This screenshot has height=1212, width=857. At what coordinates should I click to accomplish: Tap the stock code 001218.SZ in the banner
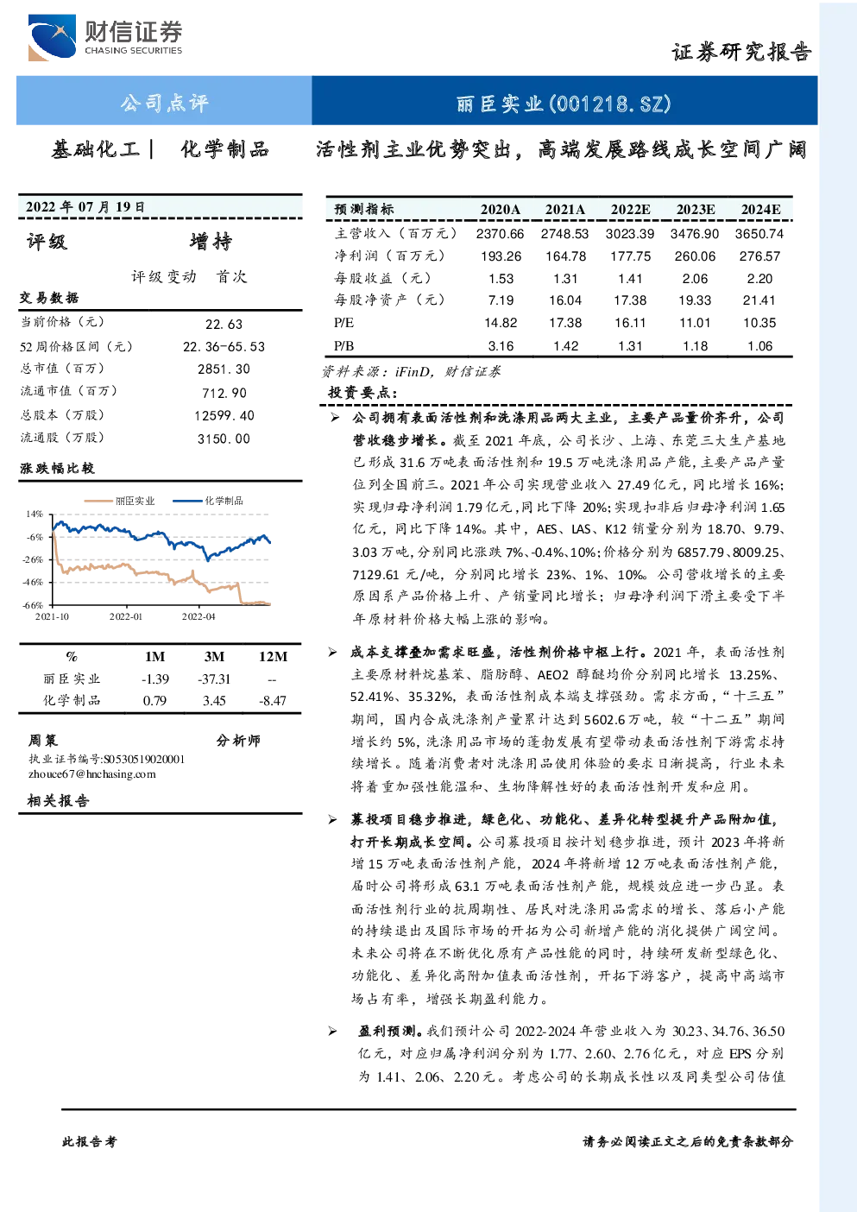point(610,104)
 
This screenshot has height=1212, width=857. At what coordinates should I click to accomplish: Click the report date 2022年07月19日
point(85,206)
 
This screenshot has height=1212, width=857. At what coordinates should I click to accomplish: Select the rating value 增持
point(211,242)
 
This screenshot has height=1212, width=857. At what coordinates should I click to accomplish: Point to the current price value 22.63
point(224,324)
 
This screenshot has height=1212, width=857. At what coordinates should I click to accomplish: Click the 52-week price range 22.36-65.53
point(224,347)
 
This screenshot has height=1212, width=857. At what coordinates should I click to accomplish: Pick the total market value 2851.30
point(224,369)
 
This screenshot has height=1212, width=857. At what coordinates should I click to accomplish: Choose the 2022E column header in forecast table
point(631,210)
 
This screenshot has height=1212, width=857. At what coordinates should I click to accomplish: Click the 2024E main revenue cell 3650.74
point(759,234)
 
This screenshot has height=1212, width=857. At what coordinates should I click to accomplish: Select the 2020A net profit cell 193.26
point(501,256)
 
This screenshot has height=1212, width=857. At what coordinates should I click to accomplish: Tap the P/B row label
point(343,346)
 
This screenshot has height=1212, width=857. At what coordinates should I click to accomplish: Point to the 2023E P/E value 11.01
point(696,323)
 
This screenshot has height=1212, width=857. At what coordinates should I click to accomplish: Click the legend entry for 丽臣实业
point(120,501)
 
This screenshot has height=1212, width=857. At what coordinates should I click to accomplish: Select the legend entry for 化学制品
point(208,501)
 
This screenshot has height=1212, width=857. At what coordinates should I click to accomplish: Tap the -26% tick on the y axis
point(33,559)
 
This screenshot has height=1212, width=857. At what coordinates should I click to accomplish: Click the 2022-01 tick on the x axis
point(126,616)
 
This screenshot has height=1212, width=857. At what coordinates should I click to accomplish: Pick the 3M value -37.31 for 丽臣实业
point(214,679)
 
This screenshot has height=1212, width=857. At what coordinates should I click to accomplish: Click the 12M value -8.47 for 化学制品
point(273,701)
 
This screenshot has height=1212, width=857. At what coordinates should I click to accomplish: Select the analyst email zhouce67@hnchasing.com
point(92,774)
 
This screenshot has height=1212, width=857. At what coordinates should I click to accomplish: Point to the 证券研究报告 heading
point(741,52)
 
